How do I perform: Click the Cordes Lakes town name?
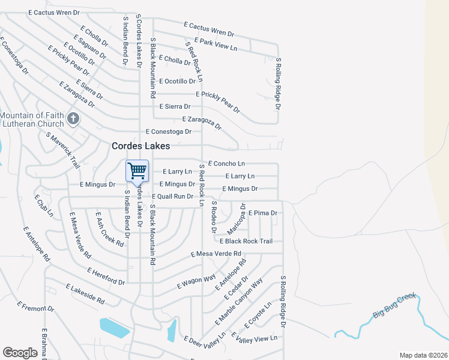tap(141, 146)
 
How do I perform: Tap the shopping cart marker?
tap(137, 171)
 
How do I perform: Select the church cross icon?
tap(73, 118)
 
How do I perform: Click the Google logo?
tap(20, 353)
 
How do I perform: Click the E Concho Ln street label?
tap(226, 163)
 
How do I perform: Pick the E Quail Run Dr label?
tap(172, 196)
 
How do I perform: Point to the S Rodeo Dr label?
tap(214, 217)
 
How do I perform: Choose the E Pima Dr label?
tap(262, 213)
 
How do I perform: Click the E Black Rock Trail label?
tap(246, 241)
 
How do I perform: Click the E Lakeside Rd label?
tap(85, 292)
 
